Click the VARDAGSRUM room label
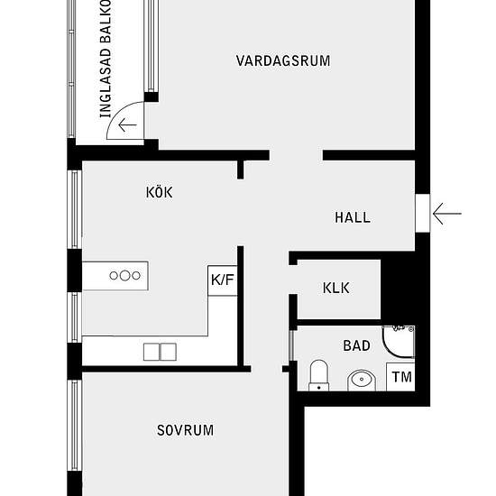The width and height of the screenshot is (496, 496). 283,61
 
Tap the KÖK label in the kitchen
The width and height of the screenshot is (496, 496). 159,192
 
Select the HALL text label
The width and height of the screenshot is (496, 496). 353,217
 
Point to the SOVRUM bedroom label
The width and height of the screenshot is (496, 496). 185,430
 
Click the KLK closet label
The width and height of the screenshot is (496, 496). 336,289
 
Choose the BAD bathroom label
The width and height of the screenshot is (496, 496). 356,345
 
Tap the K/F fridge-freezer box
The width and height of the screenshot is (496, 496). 222,280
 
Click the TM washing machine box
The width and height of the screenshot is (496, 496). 401,377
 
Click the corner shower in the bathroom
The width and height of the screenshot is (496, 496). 399,341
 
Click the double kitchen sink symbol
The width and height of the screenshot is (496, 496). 160,351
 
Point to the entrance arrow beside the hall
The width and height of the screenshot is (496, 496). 447,214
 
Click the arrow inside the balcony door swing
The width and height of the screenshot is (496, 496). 127,125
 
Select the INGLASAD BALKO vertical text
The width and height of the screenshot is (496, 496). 105,59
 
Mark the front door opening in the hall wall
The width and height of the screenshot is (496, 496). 421,214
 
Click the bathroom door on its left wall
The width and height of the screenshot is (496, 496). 290,346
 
